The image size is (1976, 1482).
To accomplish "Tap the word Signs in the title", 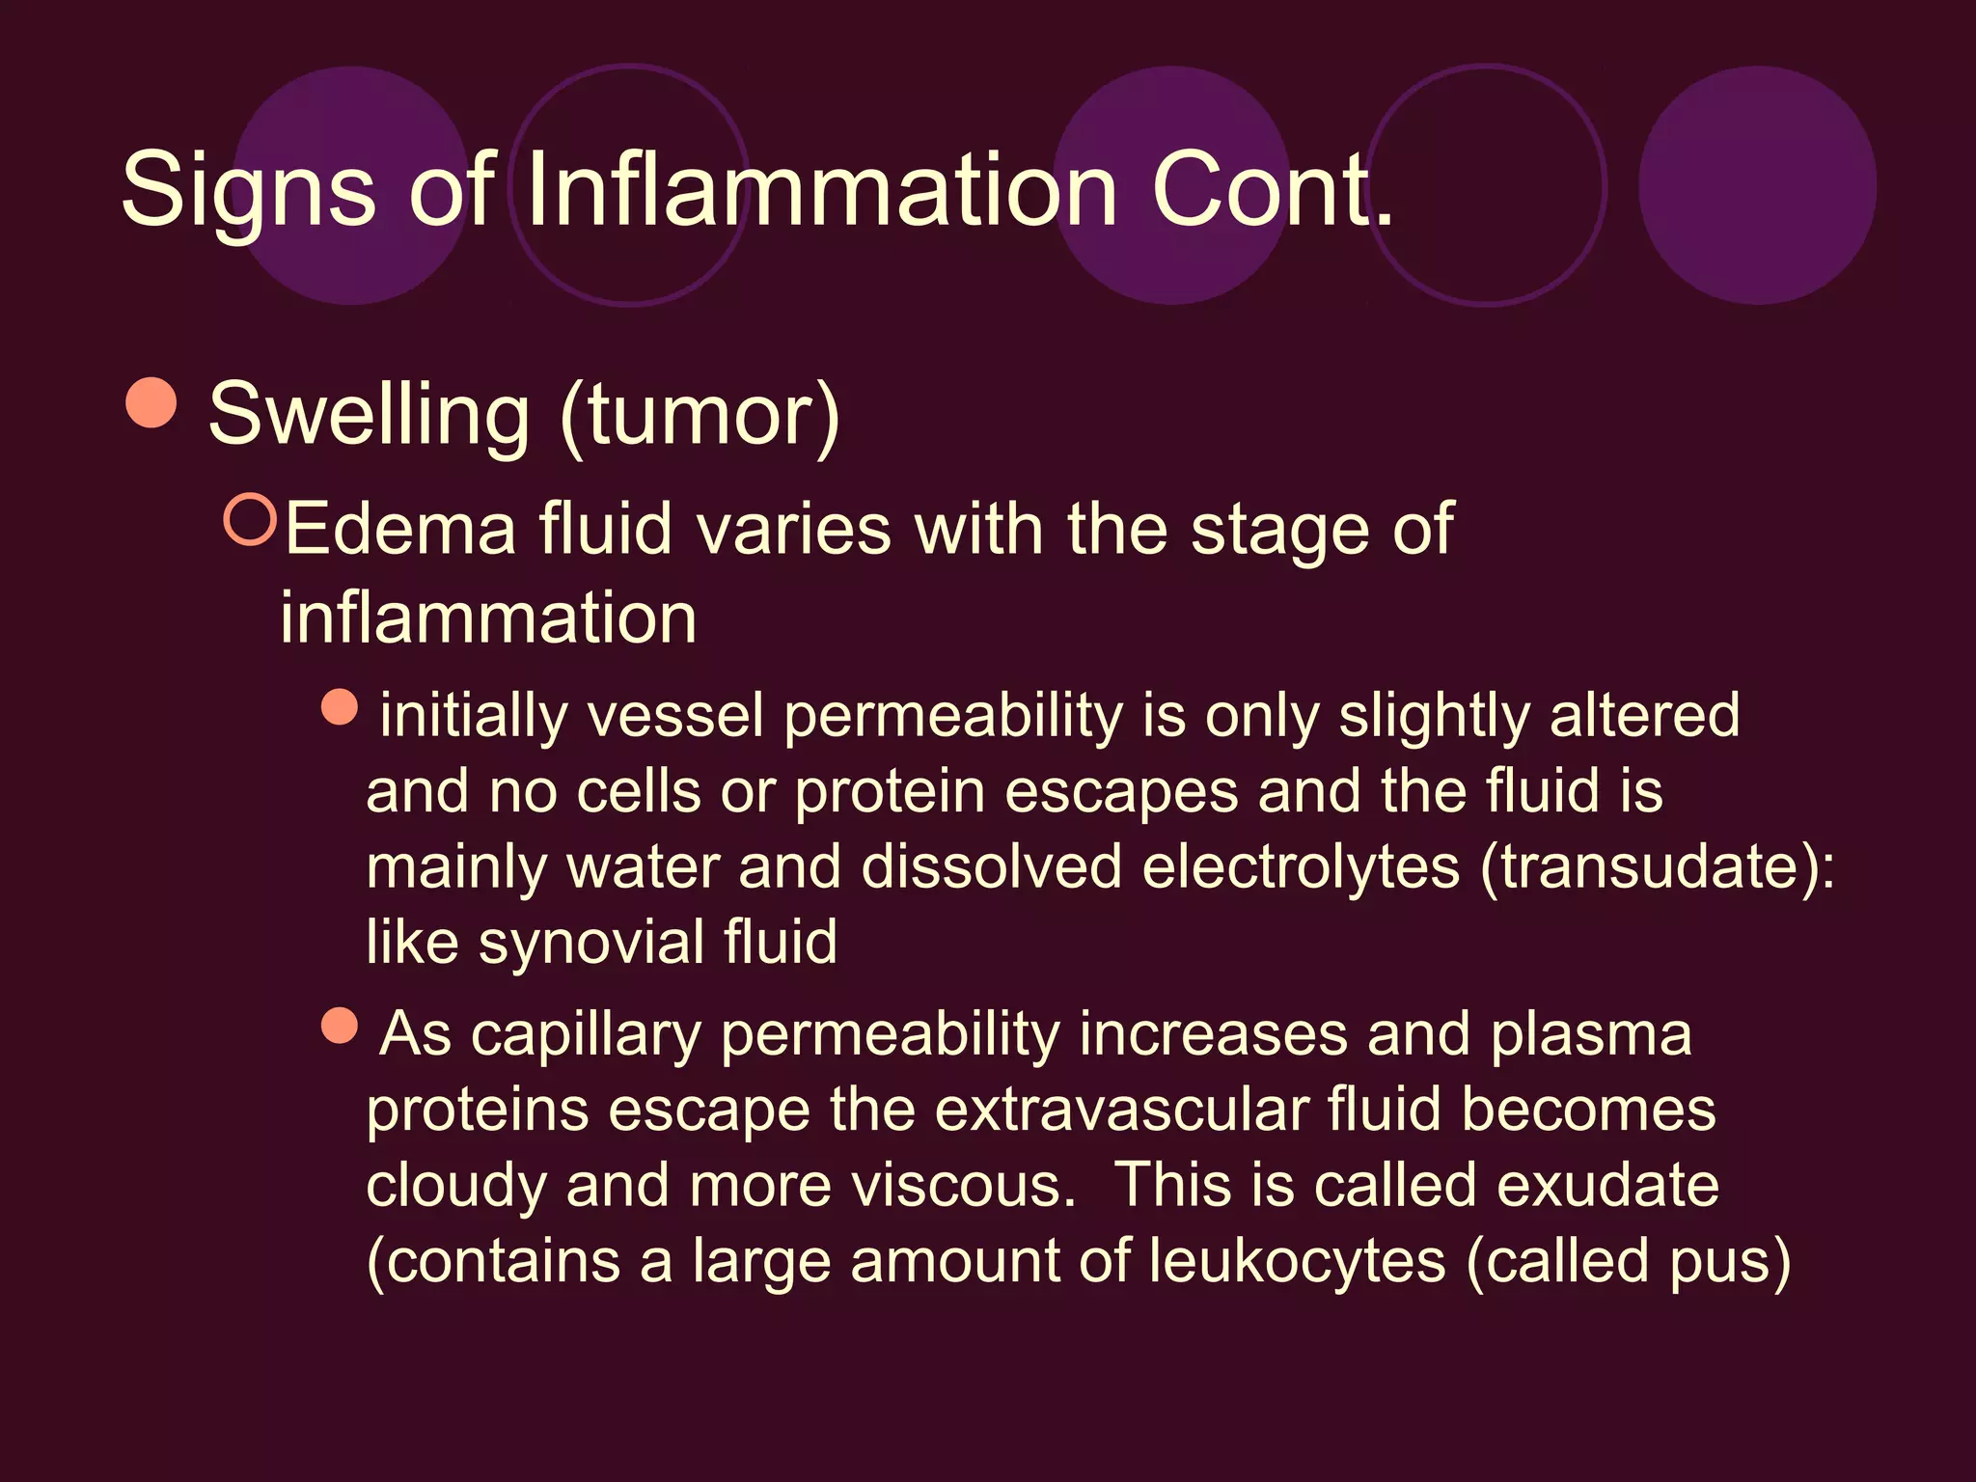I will point(248,191).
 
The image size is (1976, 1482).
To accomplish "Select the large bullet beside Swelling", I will point(151,402).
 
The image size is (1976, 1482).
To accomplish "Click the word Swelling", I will point(369,415).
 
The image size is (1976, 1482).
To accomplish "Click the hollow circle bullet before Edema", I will point(250,519).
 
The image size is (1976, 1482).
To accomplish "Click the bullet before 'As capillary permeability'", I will point(340,1026).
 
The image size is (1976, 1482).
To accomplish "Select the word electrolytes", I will point(1302,866).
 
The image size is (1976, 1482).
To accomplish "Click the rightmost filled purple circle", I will point(1757,185).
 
